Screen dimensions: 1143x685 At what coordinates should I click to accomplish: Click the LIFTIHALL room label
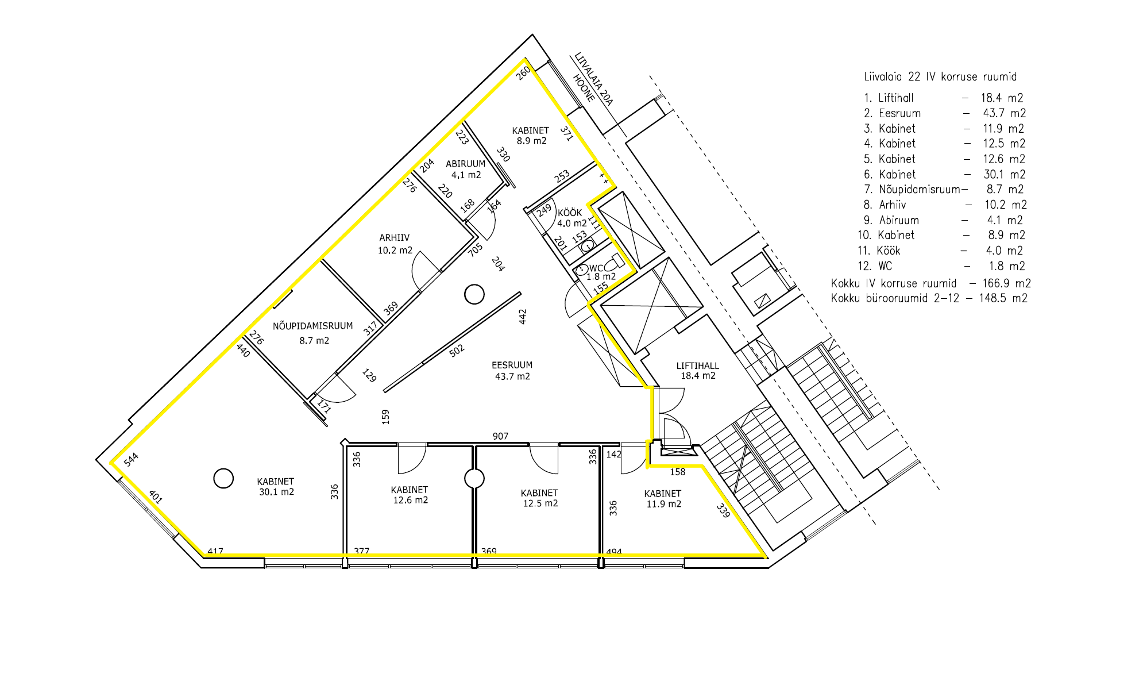pos(697,365)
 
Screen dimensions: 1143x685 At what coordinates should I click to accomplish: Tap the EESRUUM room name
pos(512,365)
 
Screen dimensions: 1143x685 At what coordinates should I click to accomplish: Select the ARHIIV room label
pos(394,238)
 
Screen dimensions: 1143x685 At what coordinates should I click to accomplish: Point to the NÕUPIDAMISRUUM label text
pos(312,326)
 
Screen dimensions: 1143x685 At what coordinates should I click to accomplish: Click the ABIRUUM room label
pos(465,164)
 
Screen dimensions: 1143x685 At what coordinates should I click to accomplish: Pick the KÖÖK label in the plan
pos(570,213)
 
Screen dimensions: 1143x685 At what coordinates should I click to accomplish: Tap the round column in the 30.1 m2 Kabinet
pos(223,478)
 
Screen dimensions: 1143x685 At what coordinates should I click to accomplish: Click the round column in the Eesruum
pos(474,294)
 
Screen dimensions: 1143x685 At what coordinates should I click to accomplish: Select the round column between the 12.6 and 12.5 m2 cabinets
pos(474,478)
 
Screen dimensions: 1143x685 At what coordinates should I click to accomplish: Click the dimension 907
pos(500,436)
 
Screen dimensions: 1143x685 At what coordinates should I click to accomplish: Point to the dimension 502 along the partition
pos(457,351)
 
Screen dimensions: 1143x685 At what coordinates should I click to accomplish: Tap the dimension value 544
pos(131,460)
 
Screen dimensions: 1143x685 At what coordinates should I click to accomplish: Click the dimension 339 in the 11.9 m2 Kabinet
pos(723,510)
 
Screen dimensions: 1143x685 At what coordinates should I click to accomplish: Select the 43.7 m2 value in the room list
pos(1004,113)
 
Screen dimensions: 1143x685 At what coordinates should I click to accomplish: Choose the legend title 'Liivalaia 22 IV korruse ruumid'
pos(940,76)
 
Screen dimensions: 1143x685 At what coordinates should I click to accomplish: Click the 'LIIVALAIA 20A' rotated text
pos(594,79)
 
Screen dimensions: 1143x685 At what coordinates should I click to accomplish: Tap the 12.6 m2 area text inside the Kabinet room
pos(410,500)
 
